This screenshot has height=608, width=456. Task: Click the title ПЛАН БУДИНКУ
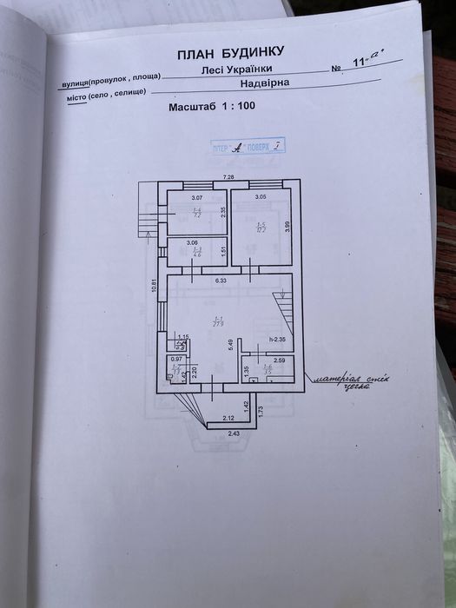229,54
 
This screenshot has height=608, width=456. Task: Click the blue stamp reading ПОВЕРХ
245,149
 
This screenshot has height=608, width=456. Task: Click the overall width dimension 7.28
228,177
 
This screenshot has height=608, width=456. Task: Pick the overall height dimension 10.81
154,286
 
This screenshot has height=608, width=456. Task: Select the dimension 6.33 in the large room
221,280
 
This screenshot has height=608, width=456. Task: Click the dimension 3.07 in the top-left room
196,198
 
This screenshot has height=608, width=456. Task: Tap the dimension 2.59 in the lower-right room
279,360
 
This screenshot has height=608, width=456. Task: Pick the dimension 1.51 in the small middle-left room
223,253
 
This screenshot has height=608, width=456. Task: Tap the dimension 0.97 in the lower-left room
176,360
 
